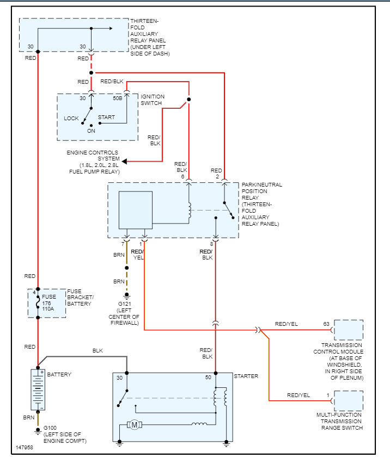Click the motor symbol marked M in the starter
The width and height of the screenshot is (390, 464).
pos(133,424)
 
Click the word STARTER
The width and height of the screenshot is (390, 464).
pos(246,376)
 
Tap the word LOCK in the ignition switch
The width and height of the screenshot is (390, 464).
pos(71,118)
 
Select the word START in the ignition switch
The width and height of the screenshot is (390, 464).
pos(106,117)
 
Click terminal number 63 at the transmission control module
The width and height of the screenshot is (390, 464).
pos(326,324)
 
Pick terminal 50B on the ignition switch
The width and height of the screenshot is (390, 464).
pos(117,98)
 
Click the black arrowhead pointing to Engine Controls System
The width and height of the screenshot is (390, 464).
pos(125,162)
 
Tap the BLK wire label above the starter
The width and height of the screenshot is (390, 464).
pos(97,351)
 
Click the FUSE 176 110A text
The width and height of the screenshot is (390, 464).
pos(49,304)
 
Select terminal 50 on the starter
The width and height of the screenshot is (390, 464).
pos(208,377)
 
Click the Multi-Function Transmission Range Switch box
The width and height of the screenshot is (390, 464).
pos(349,401)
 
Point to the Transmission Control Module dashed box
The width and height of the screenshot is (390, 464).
pos(349,330)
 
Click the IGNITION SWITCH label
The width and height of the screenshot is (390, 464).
pos(153,100)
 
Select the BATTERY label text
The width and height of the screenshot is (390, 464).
pos(59,375)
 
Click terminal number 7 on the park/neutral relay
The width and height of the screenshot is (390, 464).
pos(123,245)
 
